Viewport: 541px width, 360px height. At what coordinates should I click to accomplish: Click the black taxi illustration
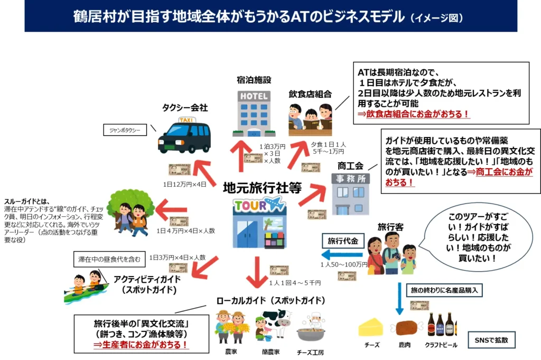184,136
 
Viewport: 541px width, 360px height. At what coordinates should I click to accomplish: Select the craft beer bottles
441,325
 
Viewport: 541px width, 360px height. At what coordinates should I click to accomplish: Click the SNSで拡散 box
491,339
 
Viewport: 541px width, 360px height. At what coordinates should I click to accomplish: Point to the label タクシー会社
184,107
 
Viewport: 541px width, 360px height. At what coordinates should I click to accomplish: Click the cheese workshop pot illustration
310,330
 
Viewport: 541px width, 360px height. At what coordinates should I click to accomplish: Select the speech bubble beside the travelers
472,237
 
